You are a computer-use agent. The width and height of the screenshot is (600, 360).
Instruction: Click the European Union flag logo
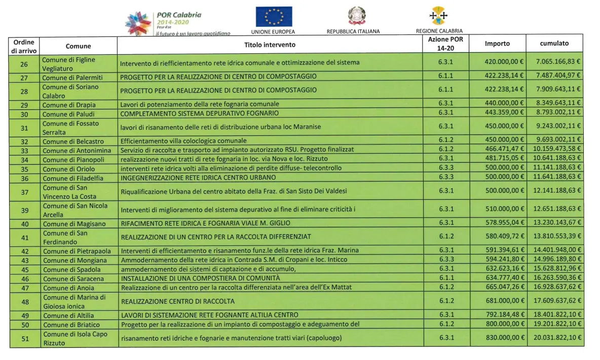tap(274, 16)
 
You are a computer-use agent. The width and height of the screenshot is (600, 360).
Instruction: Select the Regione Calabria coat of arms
tap(439, 16)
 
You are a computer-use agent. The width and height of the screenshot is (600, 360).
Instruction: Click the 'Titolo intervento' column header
tap(270, 44)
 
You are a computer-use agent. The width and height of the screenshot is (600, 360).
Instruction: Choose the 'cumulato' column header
tap(554, 44)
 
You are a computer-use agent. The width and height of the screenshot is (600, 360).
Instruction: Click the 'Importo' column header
tap(497, 44)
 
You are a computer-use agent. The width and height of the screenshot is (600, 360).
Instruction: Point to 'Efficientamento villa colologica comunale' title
tap(183, 140)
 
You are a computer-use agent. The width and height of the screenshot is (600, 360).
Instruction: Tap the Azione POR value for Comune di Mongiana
tap(445, 260)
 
